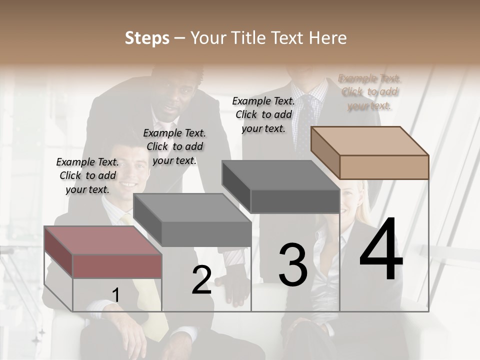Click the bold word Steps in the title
(147, 38)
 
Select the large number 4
(381, 249)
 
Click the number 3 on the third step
(292, 265)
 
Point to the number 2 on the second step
(201, 280)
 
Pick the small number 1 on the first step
(115, 295)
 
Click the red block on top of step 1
(102, 252)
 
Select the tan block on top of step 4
(370, 152)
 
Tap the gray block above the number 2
(192, 220)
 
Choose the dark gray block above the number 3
(281, 186)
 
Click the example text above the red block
(87, 175)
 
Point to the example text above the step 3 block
(263, 114)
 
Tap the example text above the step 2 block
(174, 146)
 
